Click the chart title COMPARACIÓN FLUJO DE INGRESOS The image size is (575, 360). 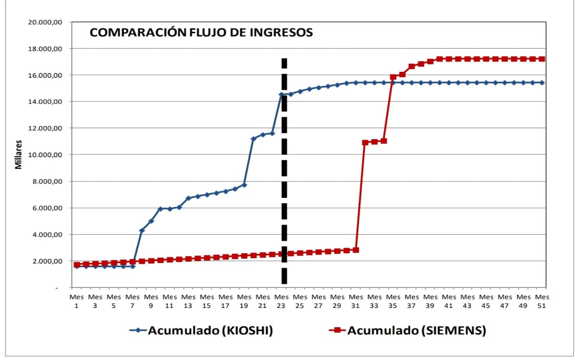pyautogui.click(x=201, y=33)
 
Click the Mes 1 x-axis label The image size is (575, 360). pyautogui.click(x=77, y=301)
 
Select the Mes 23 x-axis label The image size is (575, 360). pyautogui.click(x=282, y=301)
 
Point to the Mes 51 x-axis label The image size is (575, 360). pyautogui.click(x=542, y=301)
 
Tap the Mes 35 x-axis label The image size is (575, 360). pyautogui.click(x=393, y=301)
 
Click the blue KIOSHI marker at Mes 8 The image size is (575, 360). pyautogui.click(x=142, y=230)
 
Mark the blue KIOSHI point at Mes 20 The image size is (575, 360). pyautogui.click(x=253, y=139)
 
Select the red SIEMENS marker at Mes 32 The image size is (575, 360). pyautogui.click(x=365, y=143)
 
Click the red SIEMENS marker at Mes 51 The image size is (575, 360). pyautogui.click(x=542, y=59)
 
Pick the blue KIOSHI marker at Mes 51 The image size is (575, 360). pyautogui.click(x=542, y=83)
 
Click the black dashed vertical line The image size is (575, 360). pyautogui.click(x=284, y=180)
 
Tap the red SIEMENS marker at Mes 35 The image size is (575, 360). pyautogui.click(x=393, y=77)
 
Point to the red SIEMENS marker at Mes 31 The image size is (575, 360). pyautogui.click(x=356, y=250)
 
